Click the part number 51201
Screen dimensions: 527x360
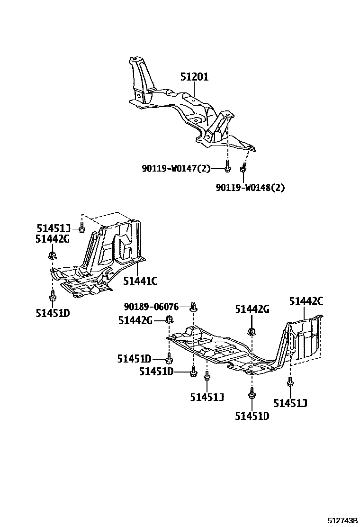(x=194, y=77)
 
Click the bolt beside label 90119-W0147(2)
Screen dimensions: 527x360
(x=227, y=168)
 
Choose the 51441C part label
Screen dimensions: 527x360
(x=140, y=281)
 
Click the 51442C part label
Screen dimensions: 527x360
(x=306, y=300)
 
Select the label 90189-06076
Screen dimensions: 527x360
(x=152, y=307)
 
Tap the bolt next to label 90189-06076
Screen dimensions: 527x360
(x=193, y=307)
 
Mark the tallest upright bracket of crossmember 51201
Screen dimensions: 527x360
(x=139, y=78)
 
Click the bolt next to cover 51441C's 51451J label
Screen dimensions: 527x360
(x=82, y=228)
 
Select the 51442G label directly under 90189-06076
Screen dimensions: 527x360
(x=135, y=321)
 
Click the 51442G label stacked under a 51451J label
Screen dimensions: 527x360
(x=52, y=239)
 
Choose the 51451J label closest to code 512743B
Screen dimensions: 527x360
(x=290, y=403)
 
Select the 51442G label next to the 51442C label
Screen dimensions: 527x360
(x=252, y=309)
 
